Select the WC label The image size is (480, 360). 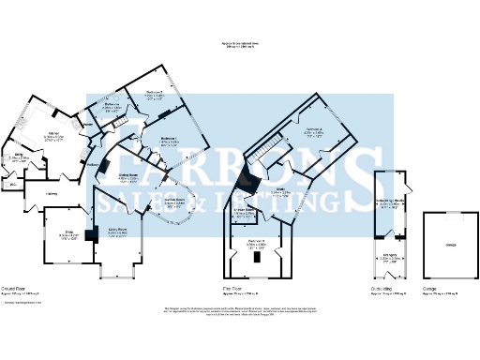pyautogui.click(x=9, y=185)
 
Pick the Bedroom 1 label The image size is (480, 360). pyautogui.click(x=169, y=142)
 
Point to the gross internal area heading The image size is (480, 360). pyautogui.click(x=241, y=44)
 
